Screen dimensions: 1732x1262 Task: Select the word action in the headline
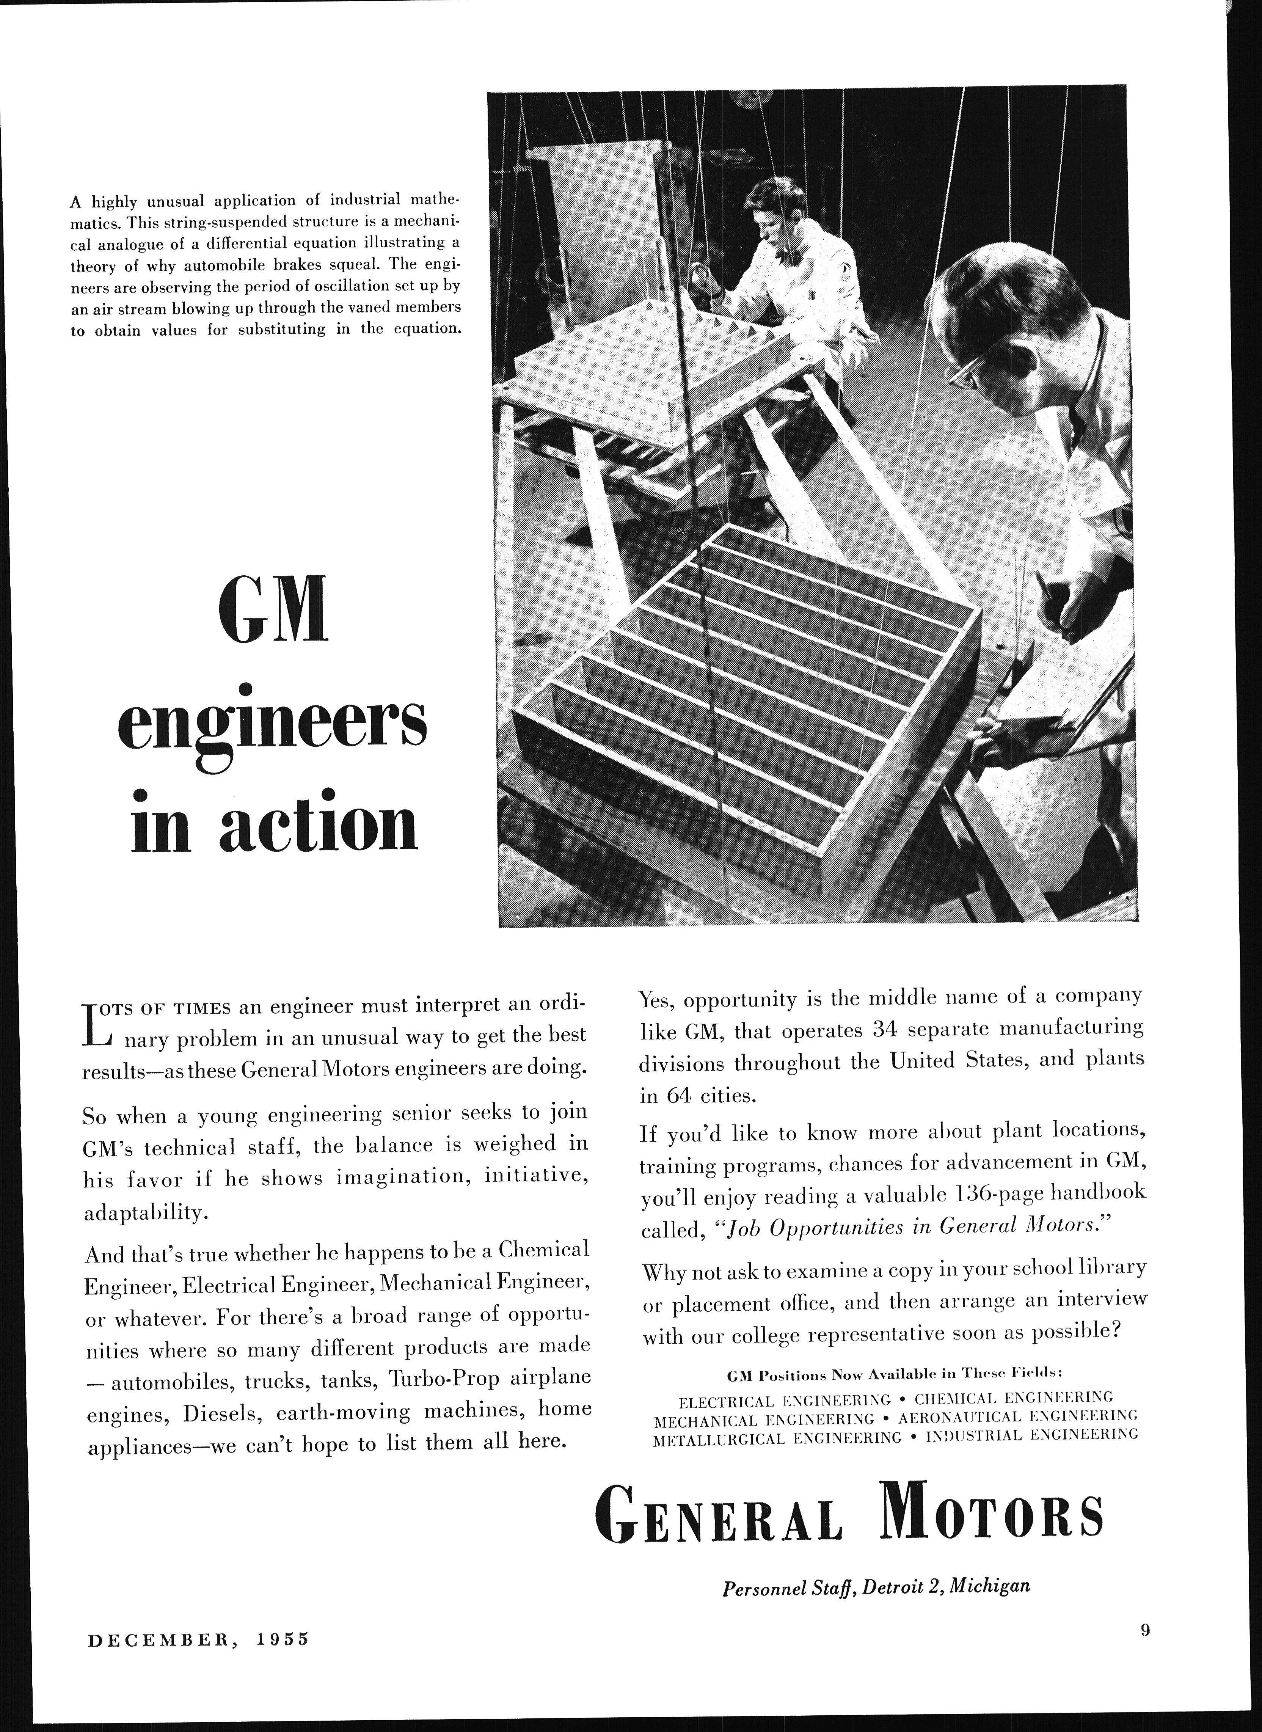(319, 826)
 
